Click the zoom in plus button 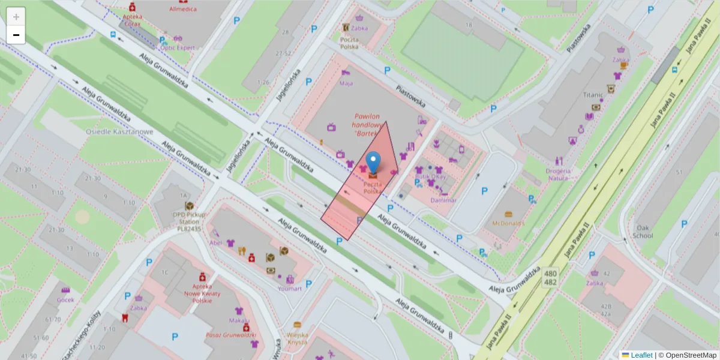click(x=16, y=16)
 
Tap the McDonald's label click(x=508, y=223)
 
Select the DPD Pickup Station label click(x=189, y=221)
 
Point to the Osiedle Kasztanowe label click(x=120, y=132)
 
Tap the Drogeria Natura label click(x=558, y=174)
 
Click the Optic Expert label click(x=178, y=47)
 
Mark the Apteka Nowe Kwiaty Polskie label click(x=203, y=293)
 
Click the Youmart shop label click(x=289, y=289)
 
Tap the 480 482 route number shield click(x=550, y=277)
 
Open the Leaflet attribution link click(x=641, y=355)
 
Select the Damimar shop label click(x=443, y=200)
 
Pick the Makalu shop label click(x=239, y=320)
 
